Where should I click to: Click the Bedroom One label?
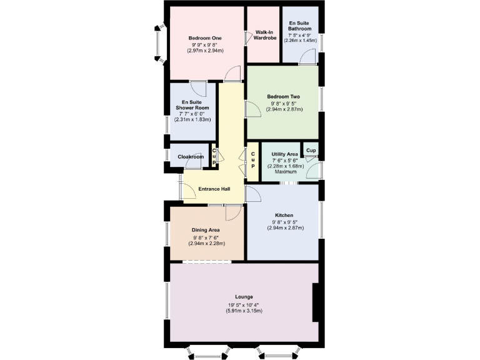pyautogui.click(x=206, y=38)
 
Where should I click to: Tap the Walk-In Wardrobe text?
pyautogui.click(x=264, y=35)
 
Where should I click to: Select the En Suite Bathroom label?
pyautogui.click(x=300, y=26)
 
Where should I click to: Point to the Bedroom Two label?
pyautogui.click(x=284, y=96)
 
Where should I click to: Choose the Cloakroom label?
pyautogui.click(x=191, y=157)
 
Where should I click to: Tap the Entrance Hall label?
pyautogui.click(x=214, y=189)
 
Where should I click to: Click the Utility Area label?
pyautogui.click(x=285, y=154)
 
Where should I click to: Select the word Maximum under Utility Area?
pyautogui.click(x=286, y=172)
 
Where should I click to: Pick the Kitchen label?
pyautogui.click(x=284, y=216)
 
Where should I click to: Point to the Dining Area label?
pyautogui.click(x=206, y=230)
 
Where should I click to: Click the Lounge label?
pyautogui.click(x=244, y=296)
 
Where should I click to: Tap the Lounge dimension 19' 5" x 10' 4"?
pyautogui.click(x=244, y=304)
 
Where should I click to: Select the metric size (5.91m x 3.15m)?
pyautogui.click(x=244, y=311)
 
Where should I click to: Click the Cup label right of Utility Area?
pyautogui.click(x=311, y=151)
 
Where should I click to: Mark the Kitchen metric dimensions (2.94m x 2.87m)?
pyautogui.click(x=284, y=228)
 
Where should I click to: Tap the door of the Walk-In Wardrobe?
pyautogui.click(x=249, y=38)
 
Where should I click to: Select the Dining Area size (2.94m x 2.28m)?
pyautogui.click(x=206, y=243)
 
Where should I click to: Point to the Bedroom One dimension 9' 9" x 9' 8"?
pyautogui.click(x=206, y=45)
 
